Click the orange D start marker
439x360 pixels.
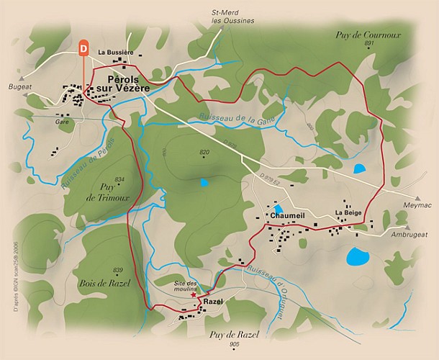[84, 49]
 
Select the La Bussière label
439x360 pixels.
[116, 52]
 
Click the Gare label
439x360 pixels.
[61, 122]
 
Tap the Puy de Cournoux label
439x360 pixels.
[368, 34]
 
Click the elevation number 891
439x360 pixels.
[370, 44]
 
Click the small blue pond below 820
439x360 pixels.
[204, 183]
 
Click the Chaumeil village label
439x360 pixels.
[287, 215]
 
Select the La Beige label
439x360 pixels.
[347, 213]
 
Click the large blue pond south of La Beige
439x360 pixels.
[356, 256]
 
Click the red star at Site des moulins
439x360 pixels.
[192, 294]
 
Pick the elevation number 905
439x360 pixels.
[234, 345]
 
